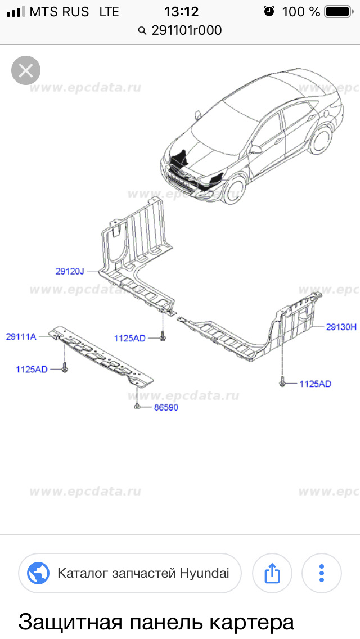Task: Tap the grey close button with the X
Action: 26,71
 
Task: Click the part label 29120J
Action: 70,272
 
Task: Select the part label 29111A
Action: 21,337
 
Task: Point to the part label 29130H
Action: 341,326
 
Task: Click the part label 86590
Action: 165,407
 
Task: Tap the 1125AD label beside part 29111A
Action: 31,370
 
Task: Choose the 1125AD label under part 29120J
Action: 129,338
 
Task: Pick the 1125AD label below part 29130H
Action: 315,384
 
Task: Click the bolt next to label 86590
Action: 137,407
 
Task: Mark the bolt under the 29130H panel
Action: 282,383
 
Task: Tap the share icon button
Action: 272,574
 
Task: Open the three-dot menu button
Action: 322,574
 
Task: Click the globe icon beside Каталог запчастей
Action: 39,574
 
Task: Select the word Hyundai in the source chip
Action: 205,574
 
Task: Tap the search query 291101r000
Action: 187,30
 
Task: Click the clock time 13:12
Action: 181,11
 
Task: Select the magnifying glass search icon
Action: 142,31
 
